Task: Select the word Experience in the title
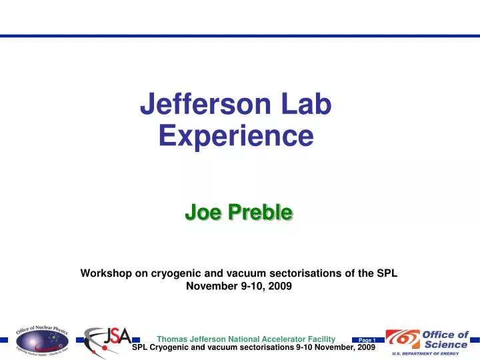[x=237, y=135]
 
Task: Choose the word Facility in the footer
[x=319, y=339]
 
